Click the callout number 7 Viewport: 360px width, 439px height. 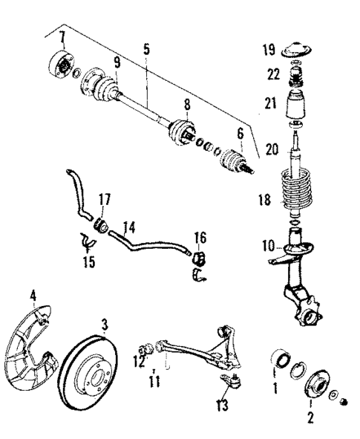[63, 37]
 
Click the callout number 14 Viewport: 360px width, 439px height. [128, 223]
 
